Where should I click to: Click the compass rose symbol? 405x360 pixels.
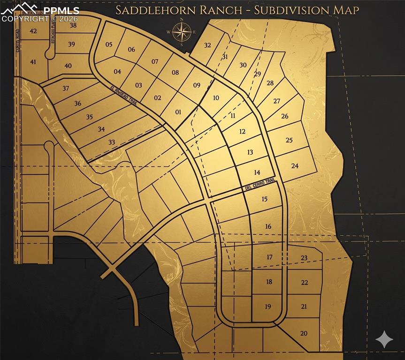click(181, 32)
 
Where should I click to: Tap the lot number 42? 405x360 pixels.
click(33, 31)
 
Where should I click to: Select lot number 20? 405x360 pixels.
click(304, 333)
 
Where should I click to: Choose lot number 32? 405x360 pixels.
click(207, 45)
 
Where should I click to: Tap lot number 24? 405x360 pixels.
click(295, 165)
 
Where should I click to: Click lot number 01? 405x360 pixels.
click(178, 112)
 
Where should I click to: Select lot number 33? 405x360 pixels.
click(111, 142)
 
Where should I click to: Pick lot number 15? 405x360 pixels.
click(264, 199)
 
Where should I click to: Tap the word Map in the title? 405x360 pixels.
click(347, 10)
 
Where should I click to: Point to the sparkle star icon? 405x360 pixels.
click(384, 339)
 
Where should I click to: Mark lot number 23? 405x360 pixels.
click(304, 258)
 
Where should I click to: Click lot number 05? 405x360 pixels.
click(109, 45)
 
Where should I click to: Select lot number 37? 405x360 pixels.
click(66, 88)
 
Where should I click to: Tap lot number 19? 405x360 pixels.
click(268, 307)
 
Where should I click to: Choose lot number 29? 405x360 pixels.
click(257, 74)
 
